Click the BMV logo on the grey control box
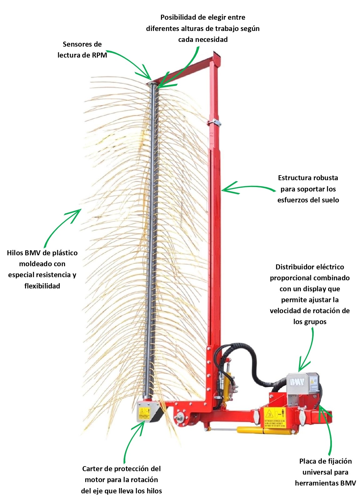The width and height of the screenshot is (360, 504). point(297,382)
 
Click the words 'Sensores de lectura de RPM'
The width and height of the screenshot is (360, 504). point(82,50)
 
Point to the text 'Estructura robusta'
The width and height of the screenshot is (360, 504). point(308,178)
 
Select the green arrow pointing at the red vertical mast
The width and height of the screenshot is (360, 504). point(247,188)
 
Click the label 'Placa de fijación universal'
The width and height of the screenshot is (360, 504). point(325,466)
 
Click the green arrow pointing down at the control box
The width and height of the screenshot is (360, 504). point(307,350)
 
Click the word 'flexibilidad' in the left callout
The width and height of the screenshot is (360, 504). point(42,286)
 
